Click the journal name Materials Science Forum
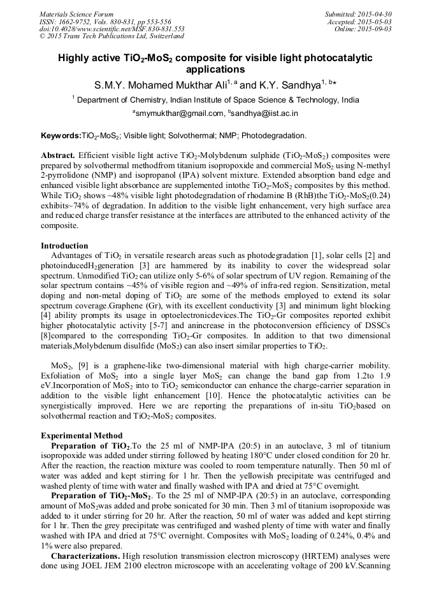pos(76,14)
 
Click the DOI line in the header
pos(112,29)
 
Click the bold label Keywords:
pos(61,136)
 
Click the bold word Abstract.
pos(58,155)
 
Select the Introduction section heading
pos(64,245)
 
